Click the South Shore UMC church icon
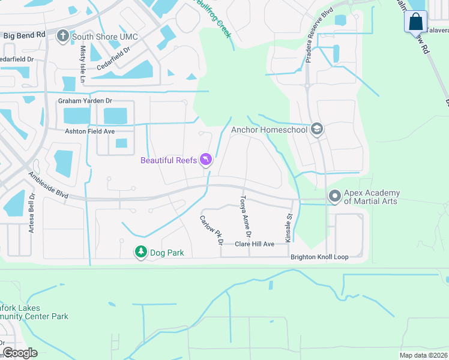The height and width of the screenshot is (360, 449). (62, 37)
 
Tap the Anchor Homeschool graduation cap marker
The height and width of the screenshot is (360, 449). (317, 130)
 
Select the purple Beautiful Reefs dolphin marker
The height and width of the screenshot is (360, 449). (206, 160)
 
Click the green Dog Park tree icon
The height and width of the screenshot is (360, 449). (140, 253)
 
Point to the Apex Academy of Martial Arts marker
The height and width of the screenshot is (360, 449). (334, 196)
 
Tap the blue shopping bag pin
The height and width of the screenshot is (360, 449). (415, 23)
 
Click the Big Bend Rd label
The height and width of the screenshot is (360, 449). (24, 35)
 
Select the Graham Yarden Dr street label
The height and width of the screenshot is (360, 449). (85, 101)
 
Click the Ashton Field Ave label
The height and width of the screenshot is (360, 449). (89, 131)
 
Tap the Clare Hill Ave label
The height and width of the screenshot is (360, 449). (255, 244)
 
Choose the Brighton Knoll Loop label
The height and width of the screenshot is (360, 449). (319, 257)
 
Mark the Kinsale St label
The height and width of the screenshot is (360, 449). (289, 221)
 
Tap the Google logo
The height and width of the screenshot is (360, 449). (19, 352)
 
